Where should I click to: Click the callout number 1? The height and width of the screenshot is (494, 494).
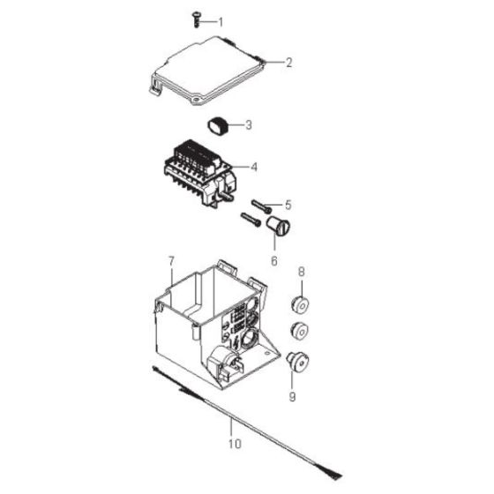click(x=221, y=20)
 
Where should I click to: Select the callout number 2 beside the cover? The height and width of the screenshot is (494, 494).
click(x=288, y=63)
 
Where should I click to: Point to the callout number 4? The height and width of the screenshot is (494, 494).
click(x=254, y=166)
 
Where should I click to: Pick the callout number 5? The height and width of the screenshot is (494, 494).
click(x=287, y=205)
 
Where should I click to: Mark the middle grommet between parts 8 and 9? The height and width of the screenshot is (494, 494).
click(x=302, y=333)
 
